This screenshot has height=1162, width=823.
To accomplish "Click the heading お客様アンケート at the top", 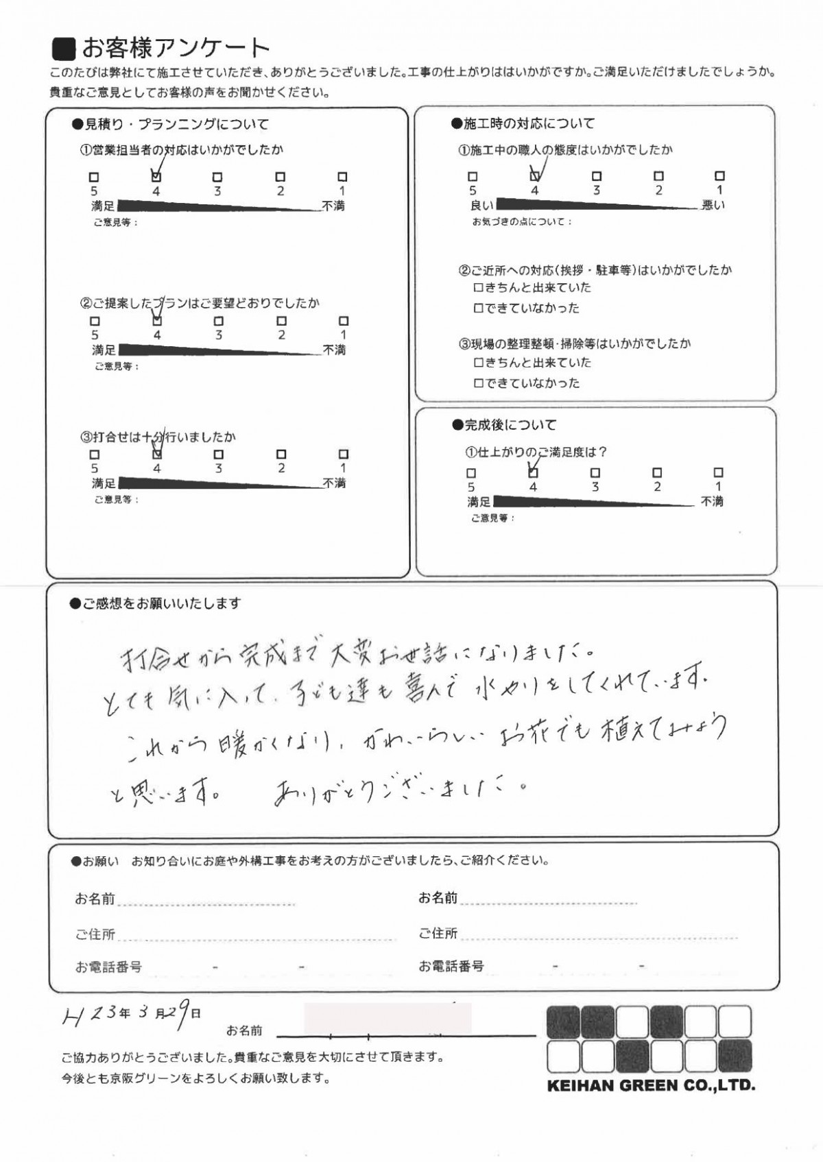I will [175, 48].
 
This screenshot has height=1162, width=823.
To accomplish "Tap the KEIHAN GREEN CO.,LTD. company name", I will [650, 1086].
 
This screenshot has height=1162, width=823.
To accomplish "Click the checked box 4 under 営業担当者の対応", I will [156, 177].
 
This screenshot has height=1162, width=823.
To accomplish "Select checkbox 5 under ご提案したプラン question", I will [95, 321].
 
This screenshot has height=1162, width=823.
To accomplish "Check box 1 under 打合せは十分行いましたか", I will [344, 454].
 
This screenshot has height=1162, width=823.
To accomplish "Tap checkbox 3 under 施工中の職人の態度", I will [597, 176].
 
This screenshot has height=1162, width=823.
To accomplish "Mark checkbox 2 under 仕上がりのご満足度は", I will [657, 473].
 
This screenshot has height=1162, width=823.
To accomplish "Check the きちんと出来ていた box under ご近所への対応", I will [479, 288].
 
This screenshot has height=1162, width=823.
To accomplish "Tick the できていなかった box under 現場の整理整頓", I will [479, 384].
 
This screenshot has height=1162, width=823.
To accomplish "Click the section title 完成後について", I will [510, 425].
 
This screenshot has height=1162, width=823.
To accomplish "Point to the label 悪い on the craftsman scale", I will [713, 205].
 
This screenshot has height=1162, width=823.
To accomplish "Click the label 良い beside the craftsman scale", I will [481, 205].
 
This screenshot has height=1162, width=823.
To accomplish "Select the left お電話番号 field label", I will [108, 967].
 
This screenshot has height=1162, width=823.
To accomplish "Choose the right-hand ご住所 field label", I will [438, 933].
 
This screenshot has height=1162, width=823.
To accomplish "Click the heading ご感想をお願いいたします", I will [161, 603].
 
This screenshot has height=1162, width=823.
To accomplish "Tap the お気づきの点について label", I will [521, 222].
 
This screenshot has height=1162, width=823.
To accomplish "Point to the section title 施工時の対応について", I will [529, 123].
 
